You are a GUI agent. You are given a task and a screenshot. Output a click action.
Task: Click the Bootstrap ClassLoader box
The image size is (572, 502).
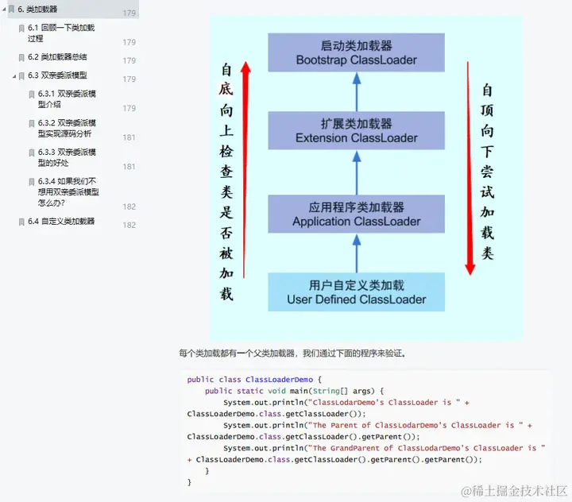tap(356, 52)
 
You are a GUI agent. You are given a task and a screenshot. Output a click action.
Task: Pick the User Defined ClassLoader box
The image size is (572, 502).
tap(356, 292)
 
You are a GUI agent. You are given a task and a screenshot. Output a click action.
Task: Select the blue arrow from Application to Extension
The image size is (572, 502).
tap(357, 172)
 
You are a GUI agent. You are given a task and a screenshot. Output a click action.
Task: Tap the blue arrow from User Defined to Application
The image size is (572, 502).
tap(357, 253)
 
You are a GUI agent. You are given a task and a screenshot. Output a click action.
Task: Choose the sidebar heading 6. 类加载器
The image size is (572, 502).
tap(37, 10)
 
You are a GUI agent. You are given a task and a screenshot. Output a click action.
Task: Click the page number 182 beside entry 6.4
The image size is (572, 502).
tap(129, 226)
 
